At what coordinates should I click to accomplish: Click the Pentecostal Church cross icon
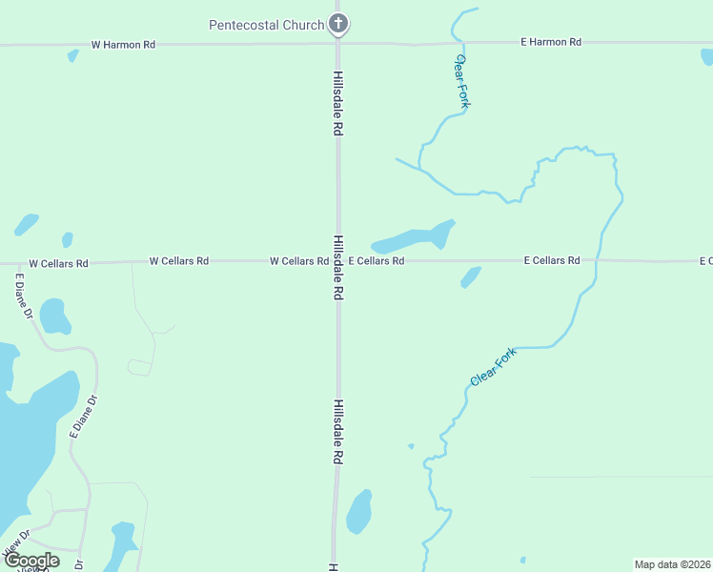click(337, 23)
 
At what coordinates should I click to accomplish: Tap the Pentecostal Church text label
click(266, 24)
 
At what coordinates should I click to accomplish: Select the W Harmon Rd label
click(123, 44)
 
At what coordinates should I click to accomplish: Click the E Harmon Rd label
click(550, 42)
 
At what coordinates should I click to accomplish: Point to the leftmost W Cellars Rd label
click(58, 263)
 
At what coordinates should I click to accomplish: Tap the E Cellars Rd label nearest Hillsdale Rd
click(376, 260)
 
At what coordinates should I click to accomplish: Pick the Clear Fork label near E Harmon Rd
click(461, 81)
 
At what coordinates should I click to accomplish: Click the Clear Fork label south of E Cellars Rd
click(493, 367)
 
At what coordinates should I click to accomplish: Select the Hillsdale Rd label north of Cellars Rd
click(337, 103)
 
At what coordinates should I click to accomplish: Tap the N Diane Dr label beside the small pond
click(23, 296)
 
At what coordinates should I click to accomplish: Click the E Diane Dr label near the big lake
click(84, 417)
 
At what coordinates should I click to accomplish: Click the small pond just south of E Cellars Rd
click(471, 276)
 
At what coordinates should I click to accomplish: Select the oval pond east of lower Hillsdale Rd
click(358, 512)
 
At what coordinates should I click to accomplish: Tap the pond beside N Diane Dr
click(54, 317)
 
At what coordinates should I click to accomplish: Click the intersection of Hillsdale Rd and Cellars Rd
click(337, 260)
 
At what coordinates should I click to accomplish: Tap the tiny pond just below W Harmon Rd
click(72, 55)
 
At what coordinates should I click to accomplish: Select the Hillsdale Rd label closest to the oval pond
click(337, 432)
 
